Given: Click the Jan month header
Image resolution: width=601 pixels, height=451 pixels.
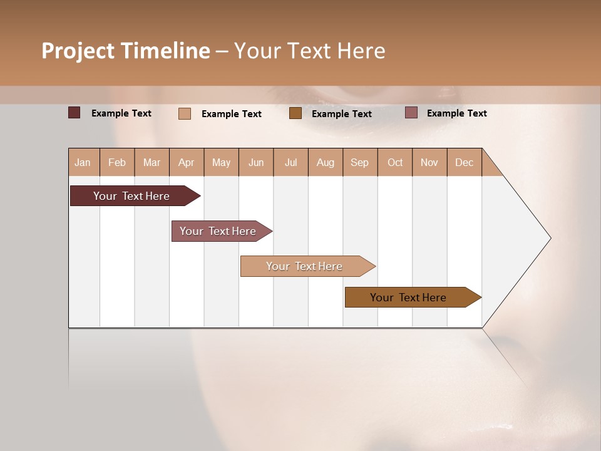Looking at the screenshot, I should click(83, 162).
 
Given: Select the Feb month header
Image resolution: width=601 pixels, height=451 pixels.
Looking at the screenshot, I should click(117, 162).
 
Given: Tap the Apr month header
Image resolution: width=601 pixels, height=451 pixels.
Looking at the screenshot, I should click(187, 162).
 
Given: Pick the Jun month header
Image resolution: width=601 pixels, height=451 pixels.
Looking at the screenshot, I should click(256, 162).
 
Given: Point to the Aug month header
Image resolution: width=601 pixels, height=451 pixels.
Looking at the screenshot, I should click(326, 162).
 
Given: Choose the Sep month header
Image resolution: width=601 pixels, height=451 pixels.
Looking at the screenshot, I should click(360, 162).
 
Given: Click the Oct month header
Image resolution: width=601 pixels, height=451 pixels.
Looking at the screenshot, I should click(395, 162).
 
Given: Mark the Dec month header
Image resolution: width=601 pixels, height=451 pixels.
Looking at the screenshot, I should click(465, 162).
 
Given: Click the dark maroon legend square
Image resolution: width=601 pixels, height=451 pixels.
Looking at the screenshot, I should click(74, 113).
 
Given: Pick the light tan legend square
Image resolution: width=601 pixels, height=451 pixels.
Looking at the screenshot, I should click(185, 113).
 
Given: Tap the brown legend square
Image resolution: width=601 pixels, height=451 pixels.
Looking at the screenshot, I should click(295, 113).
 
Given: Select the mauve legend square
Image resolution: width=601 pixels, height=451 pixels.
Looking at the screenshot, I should click(411, 113).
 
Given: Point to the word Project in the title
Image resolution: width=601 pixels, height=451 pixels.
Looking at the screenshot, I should click(78, 51).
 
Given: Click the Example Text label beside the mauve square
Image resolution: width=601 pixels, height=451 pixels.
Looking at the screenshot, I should click(456, 113).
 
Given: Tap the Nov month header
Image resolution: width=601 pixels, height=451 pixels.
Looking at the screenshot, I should click(429, 162).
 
